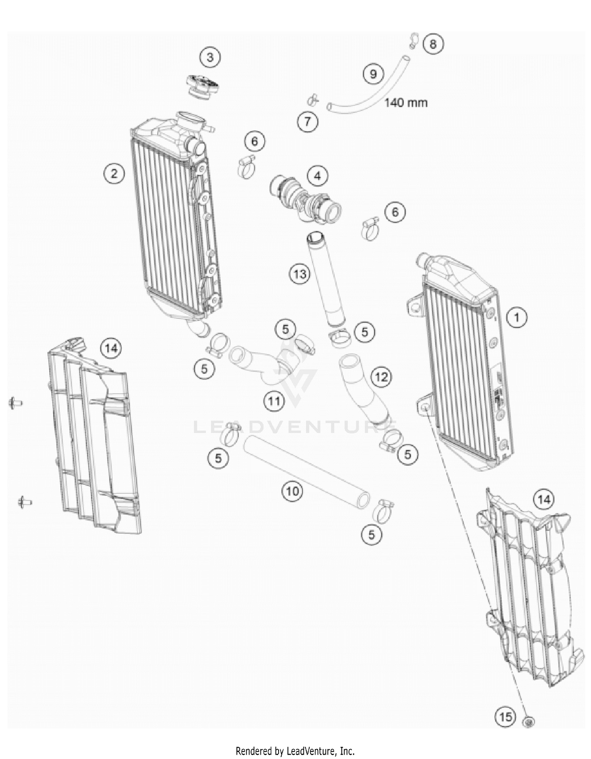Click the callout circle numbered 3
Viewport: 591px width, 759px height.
pos(210,58)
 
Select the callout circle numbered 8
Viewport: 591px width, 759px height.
pos(433,43)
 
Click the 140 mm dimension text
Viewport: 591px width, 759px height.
pos(406,102)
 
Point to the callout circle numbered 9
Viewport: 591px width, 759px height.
pos(373,74)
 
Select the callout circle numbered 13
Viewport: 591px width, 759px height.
pos(300,273)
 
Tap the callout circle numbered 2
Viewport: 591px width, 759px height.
pos(114,173)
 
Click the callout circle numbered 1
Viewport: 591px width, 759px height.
pos(517,317)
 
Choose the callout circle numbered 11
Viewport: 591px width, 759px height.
pos(274,401)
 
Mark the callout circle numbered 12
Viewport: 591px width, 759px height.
pos(381,377)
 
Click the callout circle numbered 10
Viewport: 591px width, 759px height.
pos(292,491)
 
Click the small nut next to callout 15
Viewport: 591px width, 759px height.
pos(528,722)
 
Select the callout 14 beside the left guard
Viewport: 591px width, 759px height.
pos(111,348)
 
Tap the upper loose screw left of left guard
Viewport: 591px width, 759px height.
pos(15,403)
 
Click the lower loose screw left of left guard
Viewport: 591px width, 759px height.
pos(24,502)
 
